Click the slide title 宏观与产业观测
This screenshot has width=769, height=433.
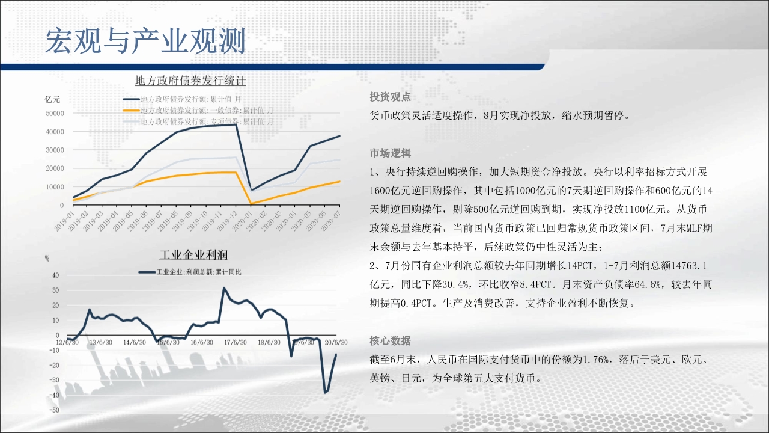[145, 41]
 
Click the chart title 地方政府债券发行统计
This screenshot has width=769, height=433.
[190, 81]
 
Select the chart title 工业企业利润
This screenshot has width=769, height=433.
[194, 255]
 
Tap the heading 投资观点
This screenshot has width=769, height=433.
[391, 97]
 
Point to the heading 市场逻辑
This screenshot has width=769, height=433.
[391, 153]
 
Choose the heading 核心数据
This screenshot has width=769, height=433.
[391, 340]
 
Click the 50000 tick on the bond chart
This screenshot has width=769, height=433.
[55, 114]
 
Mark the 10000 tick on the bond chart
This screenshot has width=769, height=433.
[55, 187]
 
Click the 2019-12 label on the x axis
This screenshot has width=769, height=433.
[228, 221]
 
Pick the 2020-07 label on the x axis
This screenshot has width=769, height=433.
[331, 221]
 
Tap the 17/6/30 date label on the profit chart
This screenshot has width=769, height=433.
[236, 343]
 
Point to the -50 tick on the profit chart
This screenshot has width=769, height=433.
[54, 410]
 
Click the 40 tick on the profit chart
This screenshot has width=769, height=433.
[56, 275]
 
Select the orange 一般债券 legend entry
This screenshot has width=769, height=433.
[198, 111]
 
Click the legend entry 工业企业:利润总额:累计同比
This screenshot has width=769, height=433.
[190, 272]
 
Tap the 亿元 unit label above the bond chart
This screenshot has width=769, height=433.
[52, 100]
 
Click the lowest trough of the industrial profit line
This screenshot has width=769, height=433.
[325, 392]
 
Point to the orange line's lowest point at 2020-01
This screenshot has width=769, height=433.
[251, 204]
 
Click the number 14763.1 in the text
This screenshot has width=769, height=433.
[689, 266]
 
